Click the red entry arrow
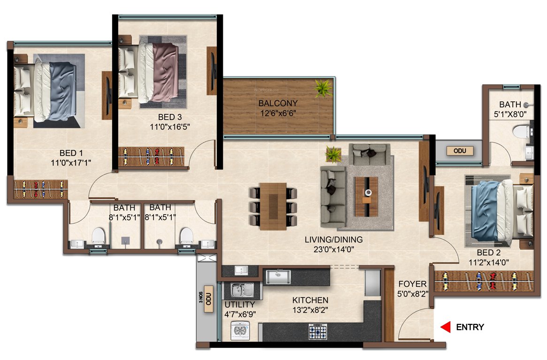(x=445, y=327)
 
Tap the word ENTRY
(x=470, y=327)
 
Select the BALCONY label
(x=278, y=103)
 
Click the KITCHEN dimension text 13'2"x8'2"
(x=310, y=309)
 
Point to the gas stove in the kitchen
(x=318, y=332)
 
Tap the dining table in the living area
(x=273, y=206)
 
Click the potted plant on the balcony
(x=323, y=88)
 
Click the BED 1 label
(x=71, y=153)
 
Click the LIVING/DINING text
(x=334, y=240)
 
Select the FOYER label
(x=412, y=284)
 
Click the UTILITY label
(x=239, y=305)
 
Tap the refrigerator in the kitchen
(x=372, y=282)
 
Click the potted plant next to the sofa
(x=334, y=154)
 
